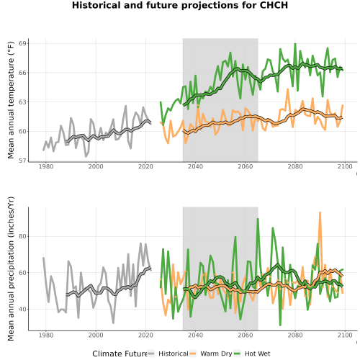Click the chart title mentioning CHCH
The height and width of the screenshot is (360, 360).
[180, 5]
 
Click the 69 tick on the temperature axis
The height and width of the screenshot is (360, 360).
[22, 43]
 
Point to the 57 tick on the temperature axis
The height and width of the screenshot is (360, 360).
[22, 161]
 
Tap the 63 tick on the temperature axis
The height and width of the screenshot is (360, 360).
[22, 102]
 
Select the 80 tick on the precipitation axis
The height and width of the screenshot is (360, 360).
[22, 236]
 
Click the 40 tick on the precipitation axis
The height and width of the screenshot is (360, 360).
[22, 309]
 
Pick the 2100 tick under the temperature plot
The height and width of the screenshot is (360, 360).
[345, 166]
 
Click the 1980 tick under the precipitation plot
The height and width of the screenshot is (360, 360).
[46, 335]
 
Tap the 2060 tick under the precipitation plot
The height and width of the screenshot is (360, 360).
[246, 335]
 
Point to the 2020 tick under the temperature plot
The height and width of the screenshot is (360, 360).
[145, 166]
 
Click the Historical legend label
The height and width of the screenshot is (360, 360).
[174, 354]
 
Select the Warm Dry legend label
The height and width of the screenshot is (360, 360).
[216, 354]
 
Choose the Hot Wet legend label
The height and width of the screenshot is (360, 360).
[258, 354]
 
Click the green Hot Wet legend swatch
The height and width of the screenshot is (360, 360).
[237, 354]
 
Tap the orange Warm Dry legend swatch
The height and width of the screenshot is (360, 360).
[193, 354]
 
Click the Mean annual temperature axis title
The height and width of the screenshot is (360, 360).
[11, 100]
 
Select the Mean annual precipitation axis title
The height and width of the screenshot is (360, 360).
[11, 269]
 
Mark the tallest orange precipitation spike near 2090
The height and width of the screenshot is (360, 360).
[320, 212]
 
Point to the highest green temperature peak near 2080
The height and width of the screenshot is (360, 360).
[295, 44]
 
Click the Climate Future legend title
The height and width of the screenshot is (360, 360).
[120, 354]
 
